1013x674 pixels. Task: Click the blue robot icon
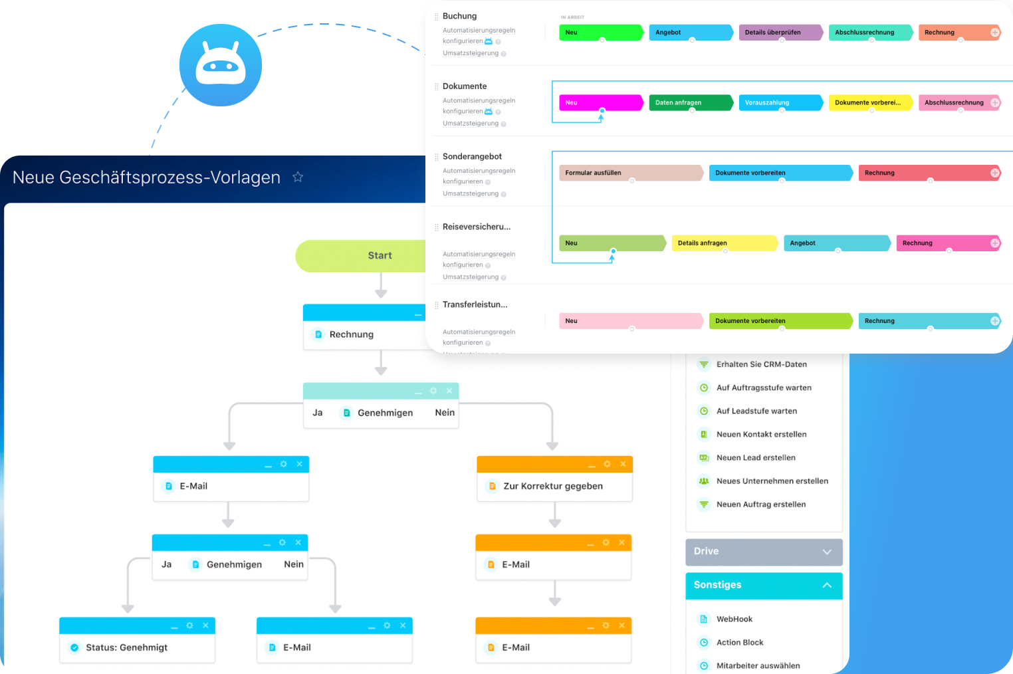click(x=220, y=65)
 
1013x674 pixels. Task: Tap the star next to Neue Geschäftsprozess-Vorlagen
click(x=298, y=177)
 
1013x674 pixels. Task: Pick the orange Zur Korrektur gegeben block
click(x=553, y=486)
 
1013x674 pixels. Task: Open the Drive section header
click(x=763, y=552)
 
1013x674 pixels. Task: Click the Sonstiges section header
click(x=763, y=585)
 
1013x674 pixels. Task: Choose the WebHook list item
click(x=734, y=619)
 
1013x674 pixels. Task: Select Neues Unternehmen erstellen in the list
click(x=772, y=481)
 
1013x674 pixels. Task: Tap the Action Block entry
click(x=739, y=642)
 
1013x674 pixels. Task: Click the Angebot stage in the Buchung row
click(x=689, y=33)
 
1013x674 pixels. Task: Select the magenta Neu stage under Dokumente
click(x=600, y=102)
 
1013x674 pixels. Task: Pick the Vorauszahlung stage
click(x=779, y=102)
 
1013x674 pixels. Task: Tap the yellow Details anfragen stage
click(x=723, y=243)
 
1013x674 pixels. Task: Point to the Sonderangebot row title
click(x=472, y=157)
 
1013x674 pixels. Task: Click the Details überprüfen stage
click(x=779, y=33)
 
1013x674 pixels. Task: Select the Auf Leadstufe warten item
click(x=756, y=411)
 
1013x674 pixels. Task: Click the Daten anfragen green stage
click(x=689, y=102)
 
